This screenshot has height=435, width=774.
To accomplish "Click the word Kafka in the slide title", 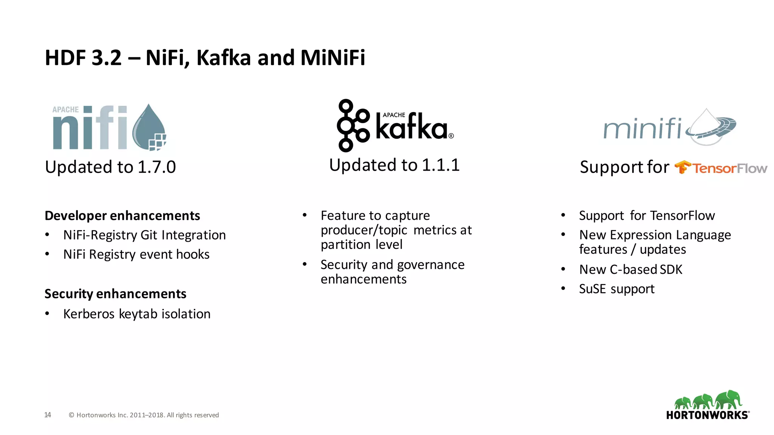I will coord(223,58).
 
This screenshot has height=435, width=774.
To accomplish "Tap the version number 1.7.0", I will coord(157,167).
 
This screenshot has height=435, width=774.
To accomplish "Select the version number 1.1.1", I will coord(441,165).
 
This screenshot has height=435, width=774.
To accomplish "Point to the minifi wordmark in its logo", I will coord(642,128).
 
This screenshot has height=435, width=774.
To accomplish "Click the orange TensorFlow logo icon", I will coord(683,167).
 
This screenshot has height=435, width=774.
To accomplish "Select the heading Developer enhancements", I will coord(122,216).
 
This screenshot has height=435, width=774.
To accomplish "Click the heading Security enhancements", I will coord(115,294).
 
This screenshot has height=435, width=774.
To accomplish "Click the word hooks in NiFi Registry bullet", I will coord(193,255).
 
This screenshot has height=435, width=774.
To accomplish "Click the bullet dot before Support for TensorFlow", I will coord(563,215).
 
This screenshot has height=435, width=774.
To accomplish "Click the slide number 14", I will coord(48,415).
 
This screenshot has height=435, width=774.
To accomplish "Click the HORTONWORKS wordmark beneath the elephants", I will coord(707,415).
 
